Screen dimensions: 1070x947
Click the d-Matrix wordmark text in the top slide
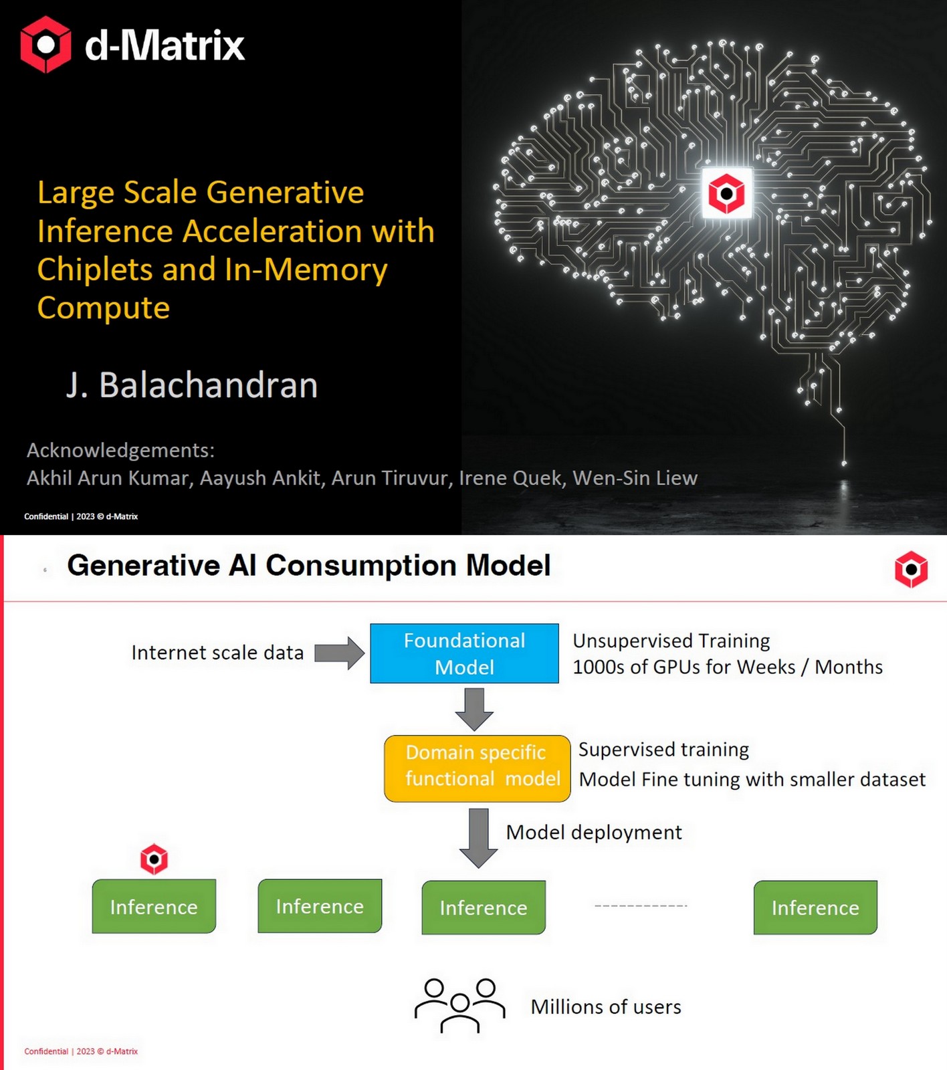click(165, 45)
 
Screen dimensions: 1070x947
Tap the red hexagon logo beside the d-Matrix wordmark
click(45, 44)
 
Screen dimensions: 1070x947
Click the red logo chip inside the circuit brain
click(726, 193)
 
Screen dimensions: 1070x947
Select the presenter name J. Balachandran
click(192, 385)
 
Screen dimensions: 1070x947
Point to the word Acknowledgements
click(120, 450)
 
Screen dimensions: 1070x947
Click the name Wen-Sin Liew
click(635, 478)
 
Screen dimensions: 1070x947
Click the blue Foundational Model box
click(464, 653)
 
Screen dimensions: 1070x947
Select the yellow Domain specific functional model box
click(477, 768)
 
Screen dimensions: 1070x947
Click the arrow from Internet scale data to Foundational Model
click(339, 653)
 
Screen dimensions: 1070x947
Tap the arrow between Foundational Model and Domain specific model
click(474, 709)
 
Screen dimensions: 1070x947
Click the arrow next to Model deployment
click(478, 837)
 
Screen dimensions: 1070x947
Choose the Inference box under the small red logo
click(154, 906)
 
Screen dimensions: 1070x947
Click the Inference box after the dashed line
click(815, 907)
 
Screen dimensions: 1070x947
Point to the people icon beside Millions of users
click(459, 1005)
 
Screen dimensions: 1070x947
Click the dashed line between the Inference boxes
click(641, 905)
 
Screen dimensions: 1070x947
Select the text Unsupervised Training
click(671, 641)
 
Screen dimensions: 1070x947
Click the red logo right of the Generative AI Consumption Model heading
click(911, 569)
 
